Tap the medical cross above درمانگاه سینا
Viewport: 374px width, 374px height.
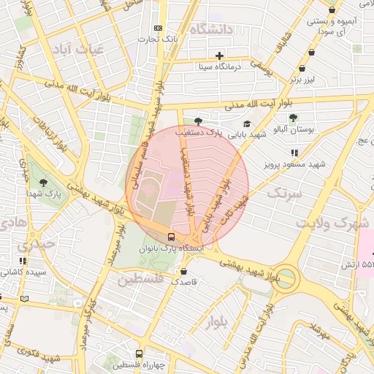218,56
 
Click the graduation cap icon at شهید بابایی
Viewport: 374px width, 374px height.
246,123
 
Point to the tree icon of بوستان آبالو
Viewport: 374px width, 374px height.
293,117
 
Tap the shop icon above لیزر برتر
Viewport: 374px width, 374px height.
313,53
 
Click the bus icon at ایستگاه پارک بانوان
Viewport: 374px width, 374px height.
170,237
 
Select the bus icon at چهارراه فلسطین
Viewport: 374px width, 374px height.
139,353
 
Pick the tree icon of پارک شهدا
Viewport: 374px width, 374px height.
43,181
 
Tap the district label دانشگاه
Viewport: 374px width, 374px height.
210,29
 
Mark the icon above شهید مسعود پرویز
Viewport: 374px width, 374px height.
294,153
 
